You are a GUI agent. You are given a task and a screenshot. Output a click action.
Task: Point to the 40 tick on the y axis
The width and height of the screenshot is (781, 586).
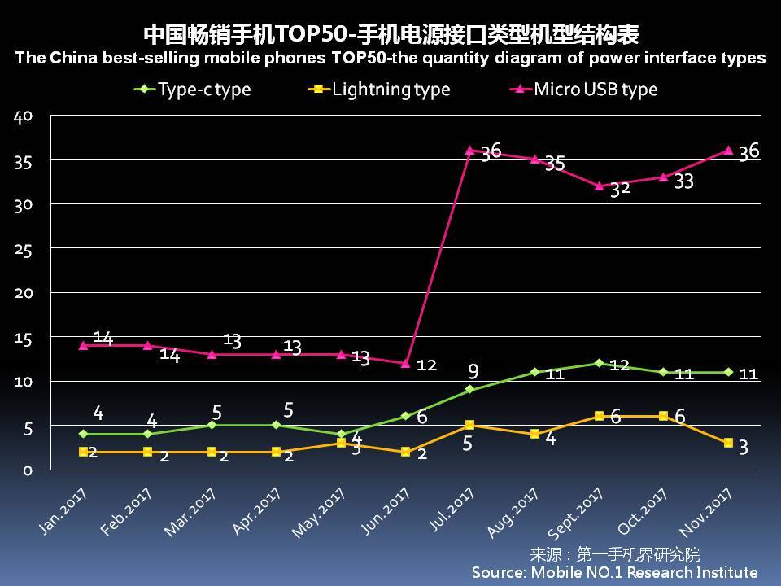tap(23, 116)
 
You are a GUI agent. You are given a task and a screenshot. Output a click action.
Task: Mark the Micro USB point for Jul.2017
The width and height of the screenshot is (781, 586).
tap(469, 151)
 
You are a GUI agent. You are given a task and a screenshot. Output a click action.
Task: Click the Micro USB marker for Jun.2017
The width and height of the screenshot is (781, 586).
tap(405, 363)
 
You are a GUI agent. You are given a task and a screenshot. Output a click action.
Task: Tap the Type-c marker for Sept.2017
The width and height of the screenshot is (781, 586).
tap(599, 363)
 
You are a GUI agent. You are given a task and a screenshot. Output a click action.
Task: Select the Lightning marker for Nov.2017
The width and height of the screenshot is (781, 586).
tap(728, 443)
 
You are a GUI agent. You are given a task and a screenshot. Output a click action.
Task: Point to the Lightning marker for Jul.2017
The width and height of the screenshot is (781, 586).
tap(469, 425)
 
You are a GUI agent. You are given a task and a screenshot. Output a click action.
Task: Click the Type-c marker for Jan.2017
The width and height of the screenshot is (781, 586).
tap(83, 434)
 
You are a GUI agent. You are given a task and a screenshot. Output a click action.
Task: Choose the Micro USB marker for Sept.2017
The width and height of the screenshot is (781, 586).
tap(599, 186)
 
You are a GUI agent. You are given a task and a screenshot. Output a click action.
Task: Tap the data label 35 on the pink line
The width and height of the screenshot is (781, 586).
tap(555, 164)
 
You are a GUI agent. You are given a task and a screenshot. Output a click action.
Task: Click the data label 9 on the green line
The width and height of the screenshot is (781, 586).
tap(473, 371)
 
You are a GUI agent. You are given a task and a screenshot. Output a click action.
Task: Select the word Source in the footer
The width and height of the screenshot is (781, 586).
tap(497, 572)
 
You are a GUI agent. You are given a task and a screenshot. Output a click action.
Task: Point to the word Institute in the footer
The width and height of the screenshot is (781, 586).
tap(720, 572)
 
